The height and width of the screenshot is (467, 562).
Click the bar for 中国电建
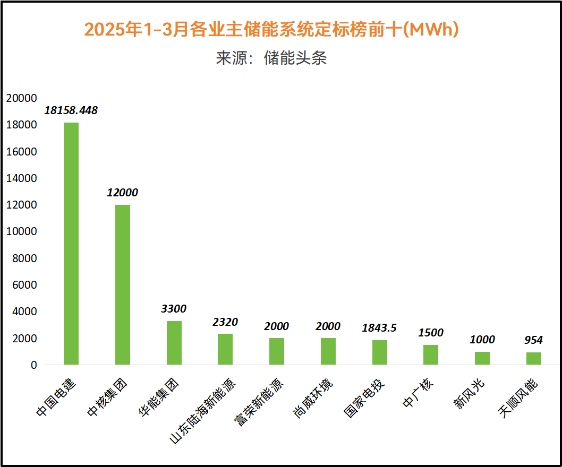[x=71, y=244]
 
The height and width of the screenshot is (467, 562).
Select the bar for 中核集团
[x=123, y=284]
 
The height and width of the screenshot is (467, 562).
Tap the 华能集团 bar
[x=174, y=343]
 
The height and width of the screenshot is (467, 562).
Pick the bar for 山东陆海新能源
[x=225, y=349]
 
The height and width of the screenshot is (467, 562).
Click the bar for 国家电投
[x=380, y=352]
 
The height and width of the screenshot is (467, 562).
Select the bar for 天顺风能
[x=534, y=358]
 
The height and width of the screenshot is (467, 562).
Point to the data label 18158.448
[x=71, y=110]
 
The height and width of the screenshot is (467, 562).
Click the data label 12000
[x=123, y=192]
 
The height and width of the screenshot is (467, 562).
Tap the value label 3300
[x=174, y=308]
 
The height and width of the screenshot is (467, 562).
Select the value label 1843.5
[x=380, y=328]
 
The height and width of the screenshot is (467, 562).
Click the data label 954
[x=534, y=340]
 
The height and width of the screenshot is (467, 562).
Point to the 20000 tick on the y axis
[x=21, y=98]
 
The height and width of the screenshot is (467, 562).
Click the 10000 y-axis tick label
[x=21, y=232]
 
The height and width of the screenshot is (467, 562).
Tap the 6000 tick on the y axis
[x=24, y=285]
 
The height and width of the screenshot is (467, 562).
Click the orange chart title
[x=271, y=30]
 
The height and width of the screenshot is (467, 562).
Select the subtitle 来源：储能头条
[x=271, y=58]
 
